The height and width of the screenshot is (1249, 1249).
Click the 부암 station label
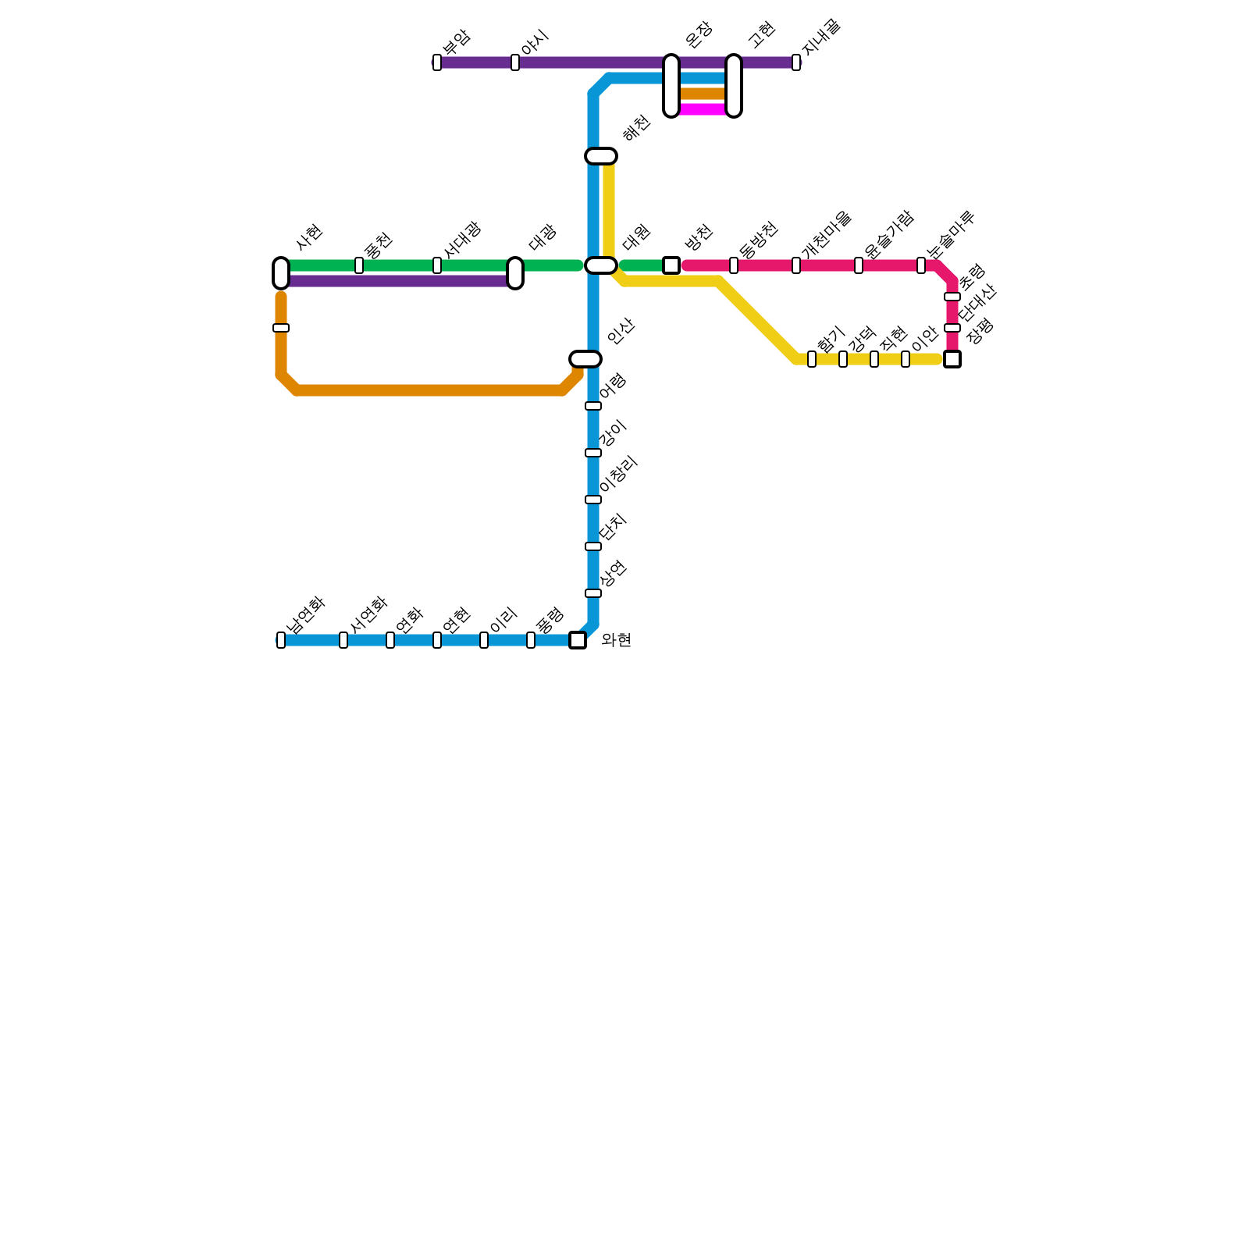click(456, 41)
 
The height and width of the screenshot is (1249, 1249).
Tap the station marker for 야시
click(515, 62)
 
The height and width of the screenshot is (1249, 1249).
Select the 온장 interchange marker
click(671, 86)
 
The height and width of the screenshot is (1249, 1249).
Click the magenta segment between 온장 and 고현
click(703, 109)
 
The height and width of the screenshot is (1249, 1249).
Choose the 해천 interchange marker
click(601, 156)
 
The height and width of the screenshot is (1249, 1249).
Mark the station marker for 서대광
click(437, 265)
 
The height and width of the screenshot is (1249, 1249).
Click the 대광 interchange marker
click(515, 273)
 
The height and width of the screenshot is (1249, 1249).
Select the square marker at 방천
click(671, 265)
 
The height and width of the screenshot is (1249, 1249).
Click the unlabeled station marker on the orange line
click(281, 328)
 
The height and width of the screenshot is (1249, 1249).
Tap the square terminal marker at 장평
click(952, 359)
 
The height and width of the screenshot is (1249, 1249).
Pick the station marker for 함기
click(812, 359)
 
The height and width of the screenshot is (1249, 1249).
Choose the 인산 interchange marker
click(585, 359)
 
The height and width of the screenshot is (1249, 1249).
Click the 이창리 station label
click(619, 474)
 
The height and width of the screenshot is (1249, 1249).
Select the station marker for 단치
click(593, 546)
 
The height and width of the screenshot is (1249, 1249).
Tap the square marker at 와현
click(578, 640)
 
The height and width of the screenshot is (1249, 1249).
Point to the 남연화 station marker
click(281, 640)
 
